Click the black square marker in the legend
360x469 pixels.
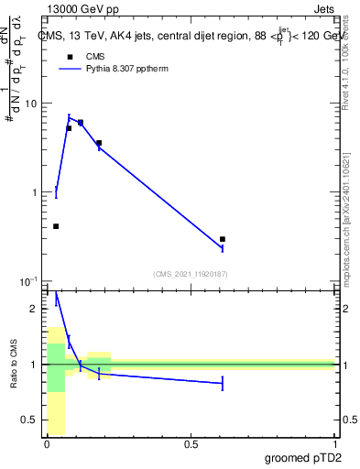pos(69,57)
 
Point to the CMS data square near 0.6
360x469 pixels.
pos(223,239)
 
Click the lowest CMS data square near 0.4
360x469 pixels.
pos(56,226)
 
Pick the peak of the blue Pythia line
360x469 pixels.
pos(69,117)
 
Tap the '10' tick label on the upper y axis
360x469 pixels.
pos(30,104)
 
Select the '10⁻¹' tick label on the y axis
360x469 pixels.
pos(28,280)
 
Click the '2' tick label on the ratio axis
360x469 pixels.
pos(35,309)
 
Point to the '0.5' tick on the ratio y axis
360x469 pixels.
pos(29,420)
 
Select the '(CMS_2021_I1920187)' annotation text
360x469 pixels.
pos(191,273)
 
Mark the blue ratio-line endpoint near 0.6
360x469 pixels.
pos(223,384)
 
